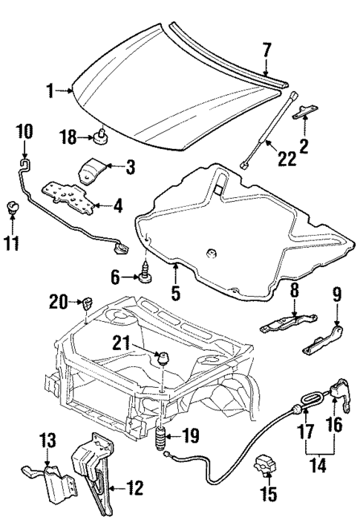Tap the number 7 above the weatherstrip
(x=266, y=50)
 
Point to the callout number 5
(x=176, y=294)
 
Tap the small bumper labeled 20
(x=87, y=301)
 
